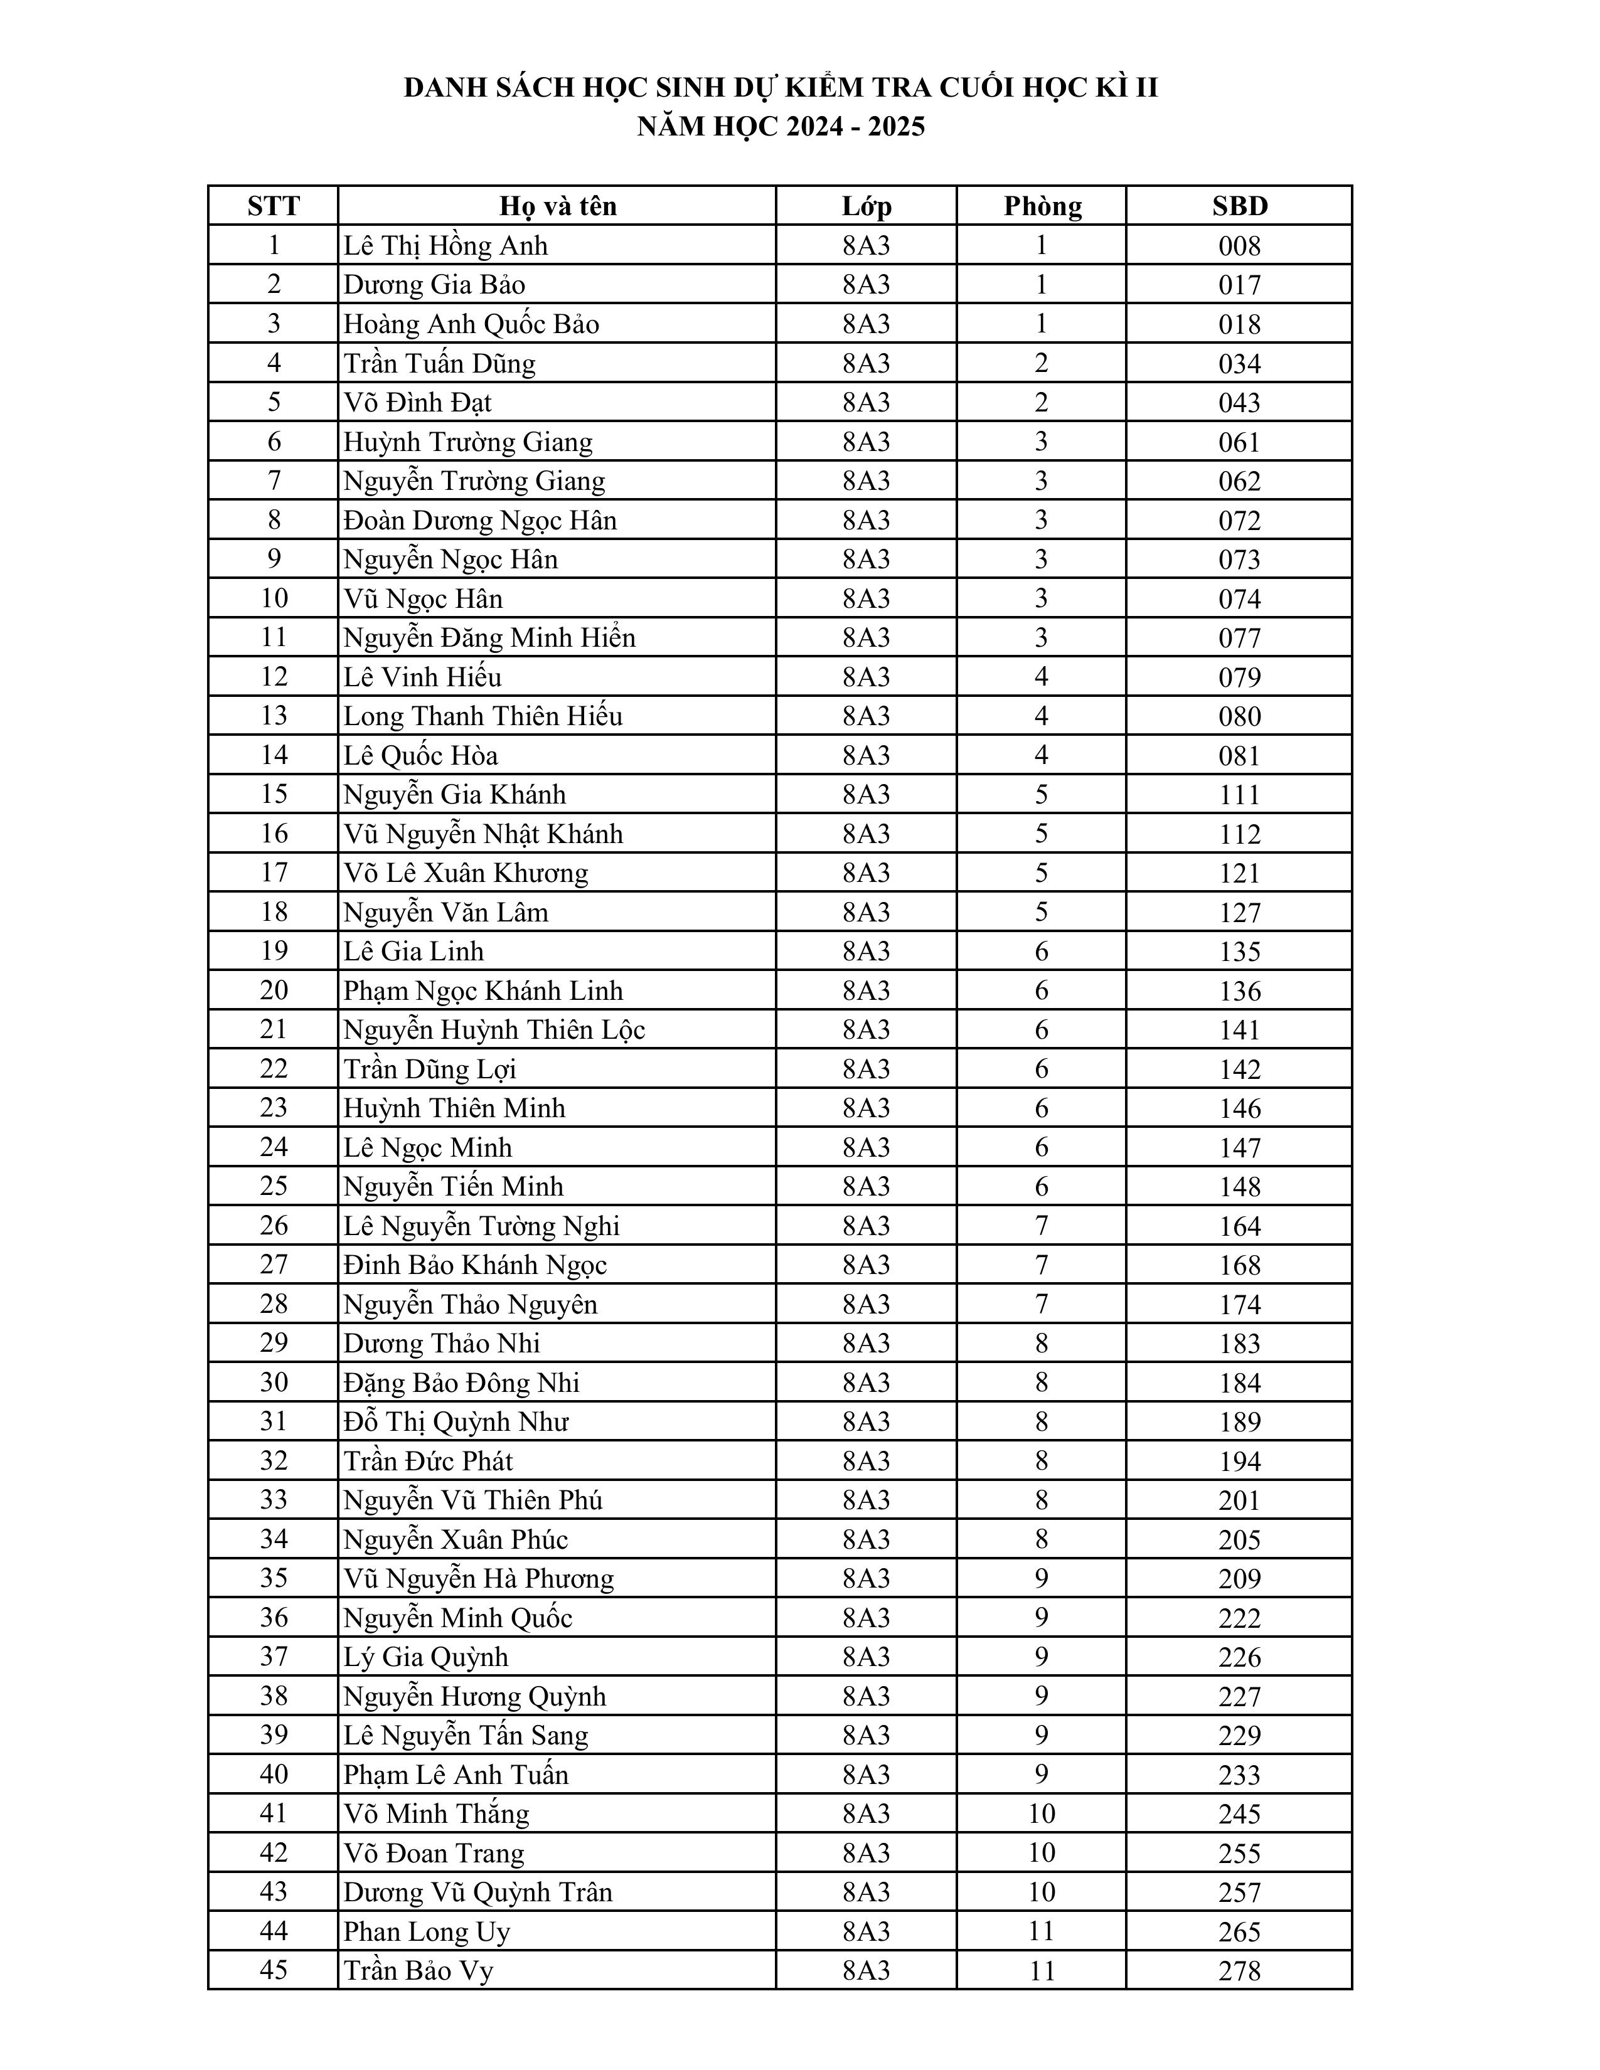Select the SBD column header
point(1239,206)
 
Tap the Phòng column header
point(1042,206)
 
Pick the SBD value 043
point(1239,403)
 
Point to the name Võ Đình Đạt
point(417,403)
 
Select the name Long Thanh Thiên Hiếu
point(483,716)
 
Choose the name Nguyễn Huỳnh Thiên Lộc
point(494,1029)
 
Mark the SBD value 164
point(1239,1226)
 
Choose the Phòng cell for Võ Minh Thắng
point(1042,1813)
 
